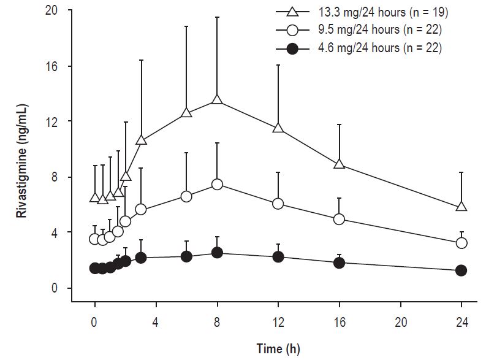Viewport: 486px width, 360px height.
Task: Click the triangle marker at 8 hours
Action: [x=217, y=100]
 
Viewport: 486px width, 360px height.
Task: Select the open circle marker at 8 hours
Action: [x=217, y=184]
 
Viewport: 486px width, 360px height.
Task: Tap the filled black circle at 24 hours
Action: [x=461, y=270]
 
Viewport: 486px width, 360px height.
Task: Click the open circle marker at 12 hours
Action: [x=278, y=204]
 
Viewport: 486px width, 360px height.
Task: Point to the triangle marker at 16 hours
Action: [x=339, y=164]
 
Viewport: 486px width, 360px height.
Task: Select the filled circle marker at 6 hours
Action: [x=186, y=256]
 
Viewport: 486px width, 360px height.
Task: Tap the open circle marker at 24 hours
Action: [x=461, y=243]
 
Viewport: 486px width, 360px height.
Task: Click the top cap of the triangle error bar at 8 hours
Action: [x=217, y=17]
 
